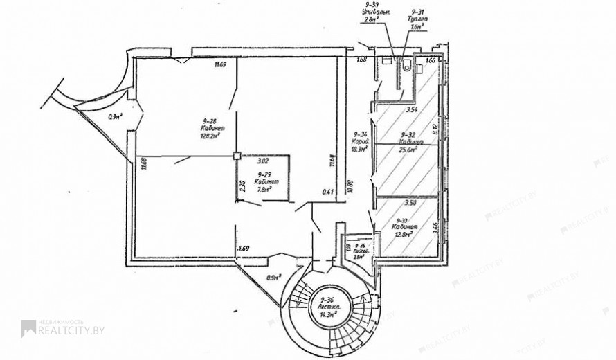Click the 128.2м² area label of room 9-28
(210, 136)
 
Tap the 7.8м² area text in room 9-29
(263, 188)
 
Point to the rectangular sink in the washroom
(386, 62)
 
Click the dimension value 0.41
(328, 192)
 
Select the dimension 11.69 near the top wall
(220, 65)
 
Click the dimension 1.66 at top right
(431, 61)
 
